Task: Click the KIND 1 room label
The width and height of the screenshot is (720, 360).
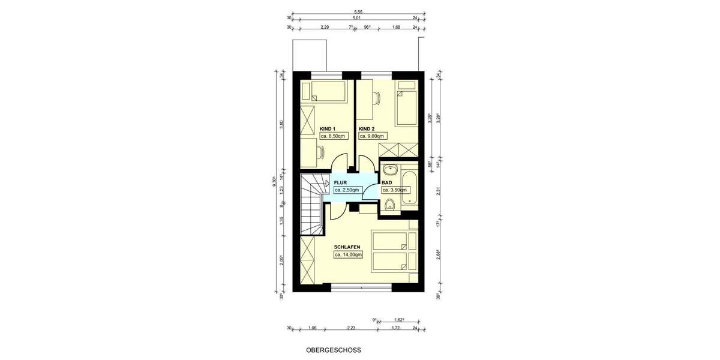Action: click(327, 129)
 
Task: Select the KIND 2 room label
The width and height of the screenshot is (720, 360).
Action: click(367, 129)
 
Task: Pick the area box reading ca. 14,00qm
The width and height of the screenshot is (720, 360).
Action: click(348, 255)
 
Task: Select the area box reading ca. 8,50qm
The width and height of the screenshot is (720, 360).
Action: click(333, 137)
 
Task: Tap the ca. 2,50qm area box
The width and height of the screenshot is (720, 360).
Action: click(347, 190)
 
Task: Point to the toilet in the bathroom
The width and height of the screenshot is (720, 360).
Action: click(389, 206)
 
